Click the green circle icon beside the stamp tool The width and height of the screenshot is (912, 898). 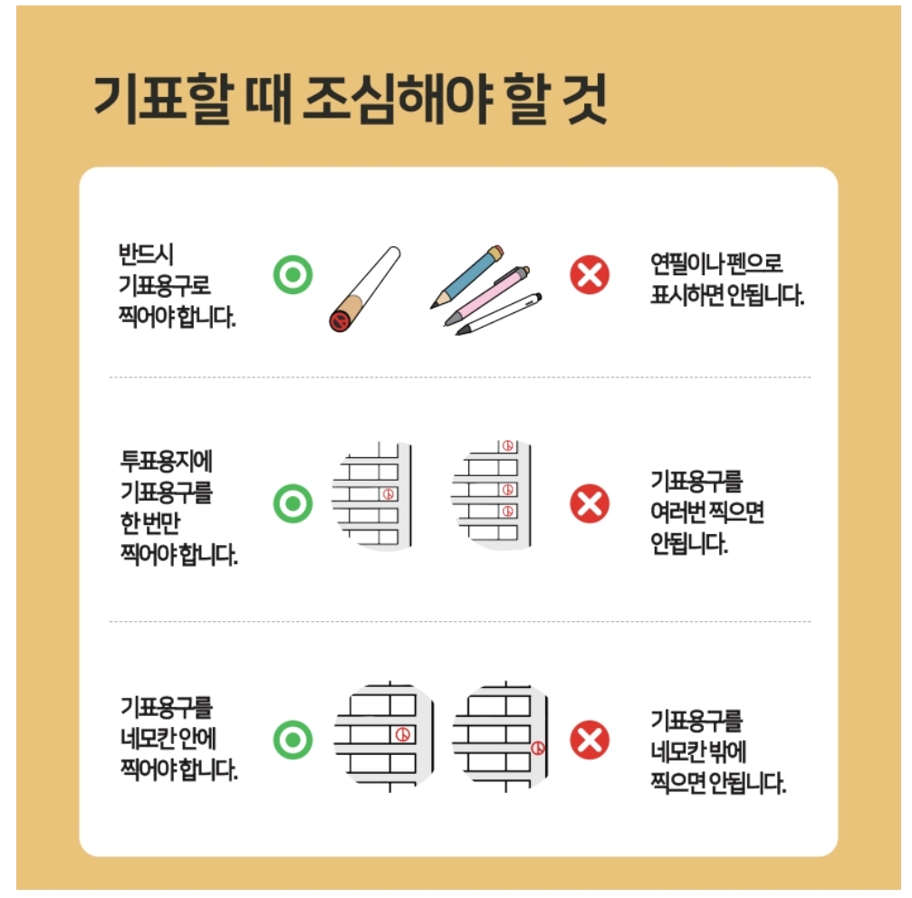pos(293,274)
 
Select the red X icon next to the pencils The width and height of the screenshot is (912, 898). pos(590,274)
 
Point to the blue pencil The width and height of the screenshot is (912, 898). pos(467,277)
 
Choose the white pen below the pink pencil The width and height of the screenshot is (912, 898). pos(499,314)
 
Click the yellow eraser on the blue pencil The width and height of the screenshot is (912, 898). pos(496,253)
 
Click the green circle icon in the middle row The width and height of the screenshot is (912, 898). pos(293,503)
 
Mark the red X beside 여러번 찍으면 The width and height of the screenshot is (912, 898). pos(590,503)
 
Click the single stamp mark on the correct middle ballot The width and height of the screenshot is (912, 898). pos(388,494)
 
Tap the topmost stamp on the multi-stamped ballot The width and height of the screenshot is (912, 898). pos(508,445)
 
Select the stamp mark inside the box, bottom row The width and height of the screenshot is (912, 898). pos(402,735)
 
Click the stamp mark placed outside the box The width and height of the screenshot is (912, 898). pos(538,749)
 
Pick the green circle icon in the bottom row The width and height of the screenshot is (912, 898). pos(293,740)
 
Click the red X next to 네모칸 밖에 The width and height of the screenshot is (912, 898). pos(590,740)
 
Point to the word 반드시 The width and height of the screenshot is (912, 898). pos(146,254)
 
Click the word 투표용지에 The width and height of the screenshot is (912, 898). pos(167,462)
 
